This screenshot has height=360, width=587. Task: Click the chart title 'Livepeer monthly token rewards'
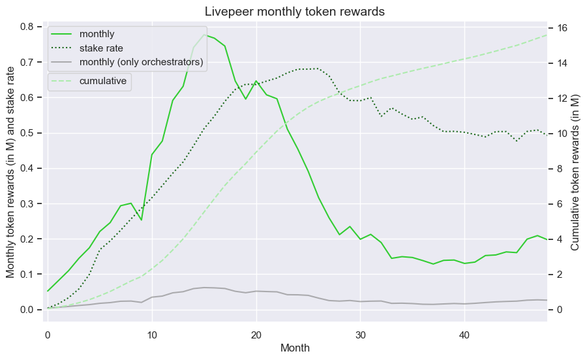pos(295,12)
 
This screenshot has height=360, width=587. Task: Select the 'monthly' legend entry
pos(97,34)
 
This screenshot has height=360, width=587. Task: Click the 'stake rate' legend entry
pos(101,48)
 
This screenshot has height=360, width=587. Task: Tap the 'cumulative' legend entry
pos(103,82)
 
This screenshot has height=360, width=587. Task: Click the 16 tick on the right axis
pos(562,28)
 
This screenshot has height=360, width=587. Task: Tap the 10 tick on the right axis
pos(562,134)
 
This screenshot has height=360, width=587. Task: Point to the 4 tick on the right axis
pos(560,239)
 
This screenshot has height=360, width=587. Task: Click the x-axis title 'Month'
pos(295,348)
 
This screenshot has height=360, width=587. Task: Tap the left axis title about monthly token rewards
pos(10,173)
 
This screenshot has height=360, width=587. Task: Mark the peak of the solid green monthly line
pos(204,35)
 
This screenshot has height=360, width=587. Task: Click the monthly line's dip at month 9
pos(142,220)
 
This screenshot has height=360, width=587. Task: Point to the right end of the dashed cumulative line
pos(547,35)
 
